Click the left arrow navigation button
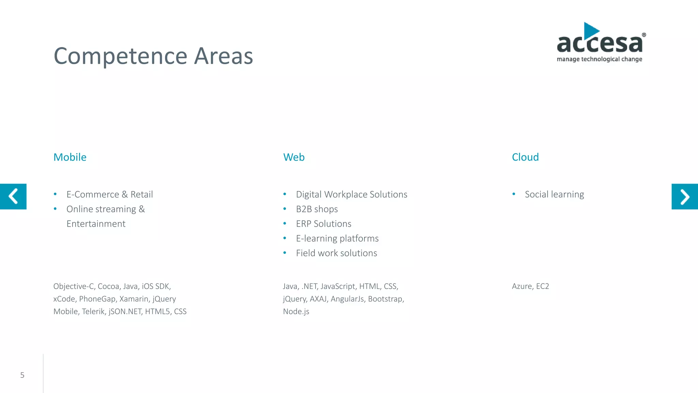tap(13, 196)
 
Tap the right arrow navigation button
tap(684, 196)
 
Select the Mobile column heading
tap(70, 157)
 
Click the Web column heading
tap(294, 157)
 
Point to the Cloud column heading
tap(525, 157)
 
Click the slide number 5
tap(22, 375)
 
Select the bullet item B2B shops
tap(317, 209)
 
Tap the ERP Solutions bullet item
tap(323, 224)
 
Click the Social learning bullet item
tap(554, 194)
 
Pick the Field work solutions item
tap(336, 253)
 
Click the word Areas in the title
tap(223, 56)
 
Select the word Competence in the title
tap(120, 56)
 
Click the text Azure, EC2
tap(530, 286)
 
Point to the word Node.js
tap(296, 311)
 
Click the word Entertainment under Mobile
tap(96, 224)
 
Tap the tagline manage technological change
tap(599, 59)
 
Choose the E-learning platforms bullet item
tap(337, 238)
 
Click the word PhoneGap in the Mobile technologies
tap(97, 299)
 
